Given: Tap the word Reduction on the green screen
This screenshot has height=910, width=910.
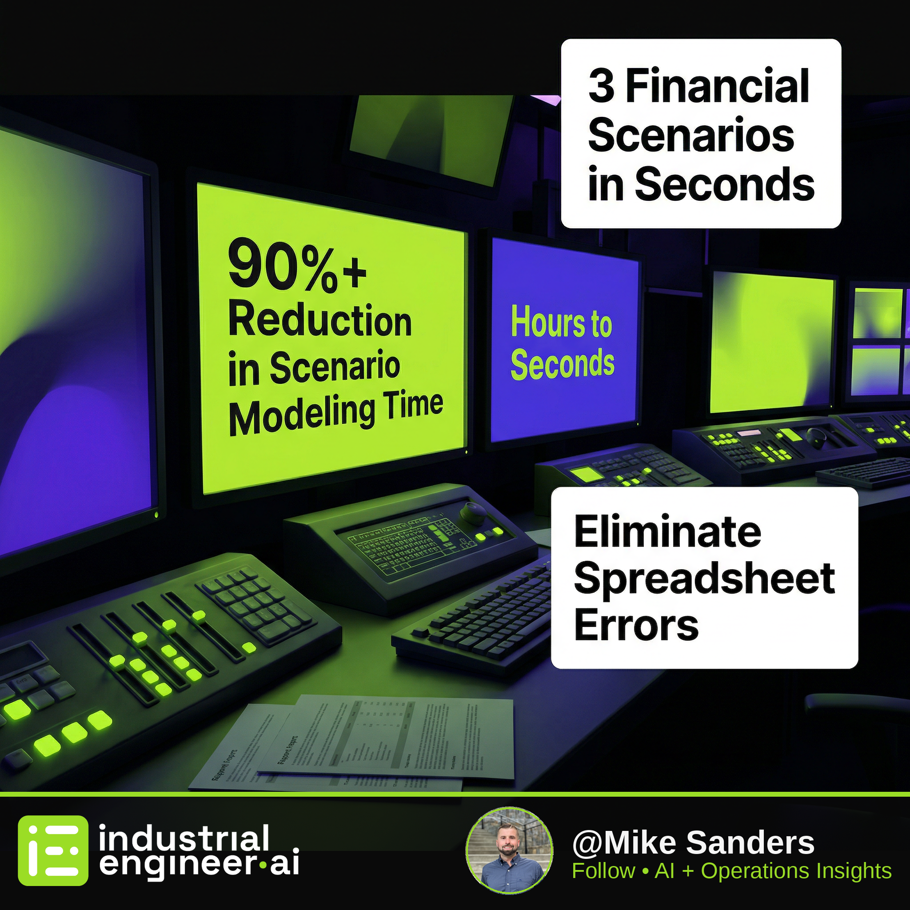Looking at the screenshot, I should [320, 321].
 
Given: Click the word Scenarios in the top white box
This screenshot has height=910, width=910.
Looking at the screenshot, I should [691, 135].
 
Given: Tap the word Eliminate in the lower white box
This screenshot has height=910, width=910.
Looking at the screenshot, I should [667, 532].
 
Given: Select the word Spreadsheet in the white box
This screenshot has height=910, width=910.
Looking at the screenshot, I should [704, 579].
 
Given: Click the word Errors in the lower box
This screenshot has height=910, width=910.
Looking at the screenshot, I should [636, 625].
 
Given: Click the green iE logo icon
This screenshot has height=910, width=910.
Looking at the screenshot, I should [53, 850].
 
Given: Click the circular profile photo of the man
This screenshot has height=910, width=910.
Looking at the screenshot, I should [509, 850].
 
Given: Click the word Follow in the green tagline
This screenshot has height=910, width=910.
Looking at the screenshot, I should [603, 871].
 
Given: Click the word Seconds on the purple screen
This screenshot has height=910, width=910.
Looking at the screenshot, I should [563, 363].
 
